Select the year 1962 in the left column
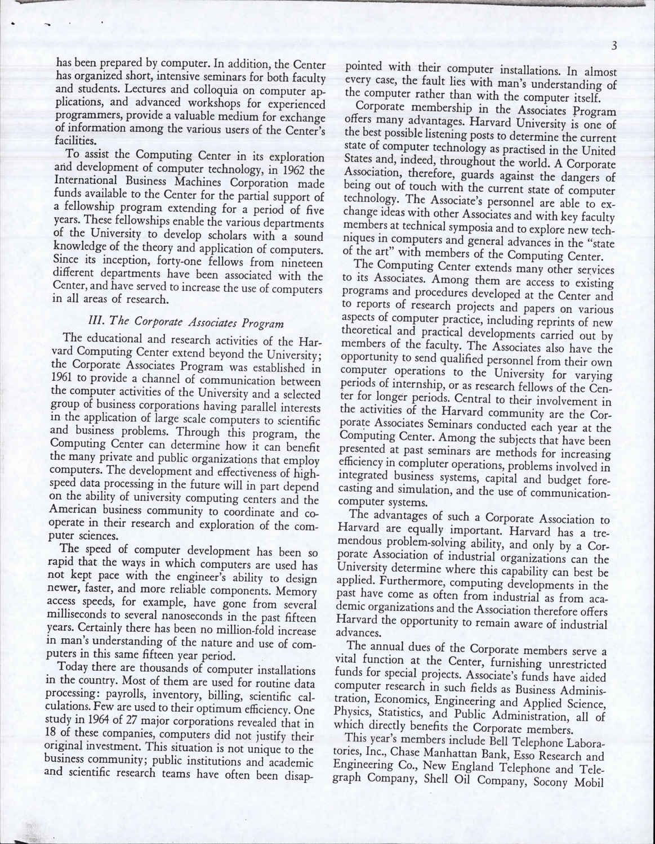[289, 169]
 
